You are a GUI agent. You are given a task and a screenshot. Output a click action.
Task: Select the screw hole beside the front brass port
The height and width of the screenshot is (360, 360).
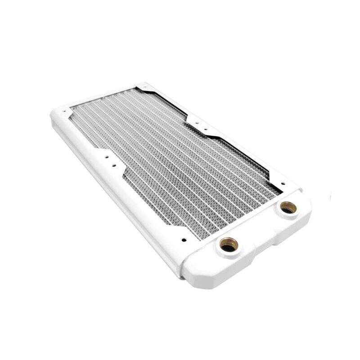[183, 239]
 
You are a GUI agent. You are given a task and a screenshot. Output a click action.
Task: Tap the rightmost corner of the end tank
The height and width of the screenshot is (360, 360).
[310, 211]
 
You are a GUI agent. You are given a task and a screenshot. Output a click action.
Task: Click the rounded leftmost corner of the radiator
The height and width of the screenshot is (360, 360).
[52, 116]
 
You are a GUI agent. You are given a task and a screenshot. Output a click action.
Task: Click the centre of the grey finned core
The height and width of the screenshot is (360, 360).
[175, 157]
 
